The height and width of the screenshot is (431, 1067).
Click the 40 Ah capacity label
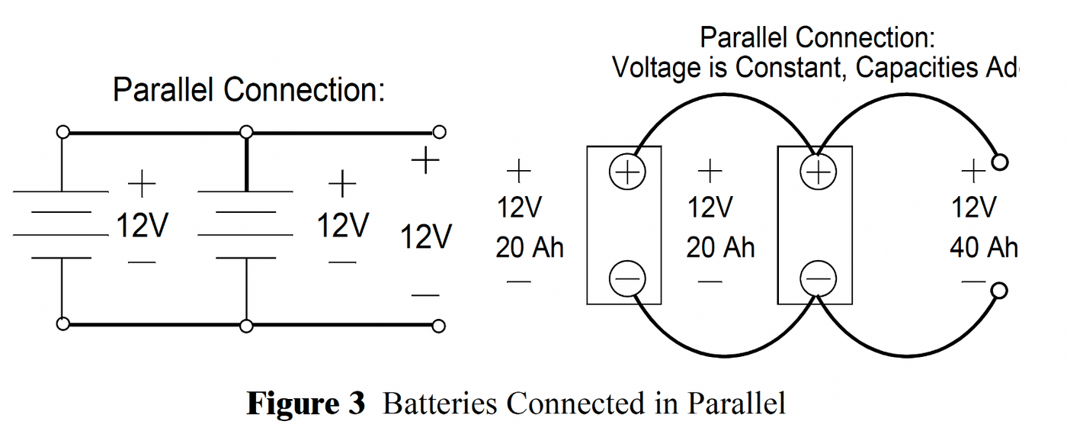tap(983, 249)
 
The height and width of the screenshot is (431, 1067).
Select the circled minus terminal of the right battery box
tap(817, 279)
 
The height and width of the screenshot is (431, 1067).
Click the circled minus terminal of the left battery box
tap(627, 279)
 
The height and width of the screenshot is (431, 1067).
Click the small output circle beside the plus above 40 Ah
tap(1001, 162)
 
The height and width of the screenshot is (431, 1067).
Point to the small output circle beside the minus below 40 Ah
tap(1001, 291)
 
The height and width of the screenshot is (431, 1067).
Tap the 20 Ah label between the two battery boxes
tap(720, 249)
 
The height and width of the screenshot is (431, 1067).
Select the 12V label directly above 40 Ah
tap(974, 207)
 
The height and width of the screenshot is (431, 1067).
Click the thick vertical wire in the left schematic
tap(246, 162)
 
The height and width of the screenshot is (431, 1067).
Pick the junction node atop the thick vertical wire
tap(246, 133)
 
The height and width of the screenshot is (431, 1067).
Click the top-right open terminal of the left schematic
tap(438, 133)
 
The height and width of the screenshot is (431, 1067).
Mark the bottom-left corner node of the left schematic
tap(63, 324)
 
